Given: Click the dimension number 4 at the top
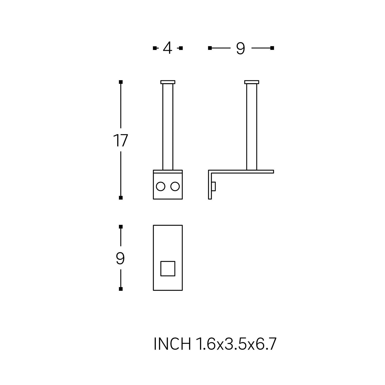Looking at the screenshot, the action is (167, 48).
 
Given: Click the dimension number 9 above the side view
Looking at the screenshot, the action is (240, 48).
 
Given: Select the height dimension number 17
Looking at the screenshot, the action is (120, 140).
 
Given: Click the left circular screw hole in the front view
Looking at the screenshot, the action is (161, 187).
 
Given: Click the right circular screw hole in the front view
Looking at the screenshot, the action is (175, 187).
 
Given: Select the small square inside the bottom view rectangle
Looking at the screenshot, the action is (168, 268).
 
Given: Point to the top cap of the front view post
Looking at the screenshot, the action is (168, 82).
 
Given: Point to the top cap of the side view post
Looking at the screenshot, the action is (252, 82).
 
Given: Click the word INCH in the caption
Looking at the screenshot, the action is (172, 344).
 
